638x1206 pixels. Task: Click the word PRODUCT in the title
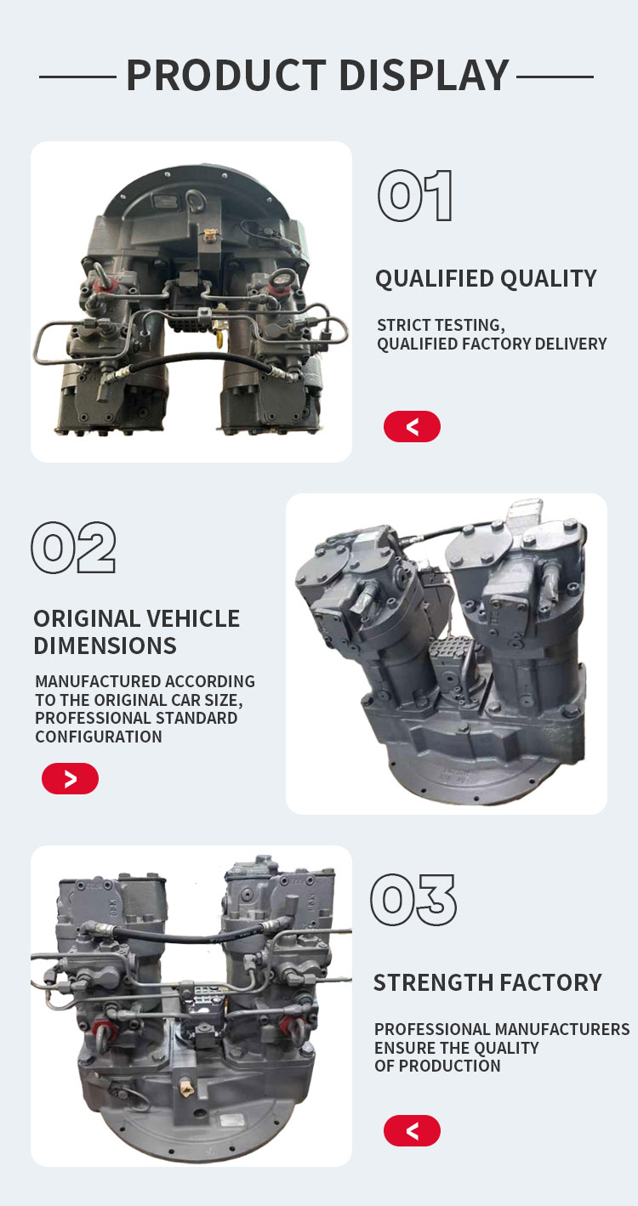pos(226,76)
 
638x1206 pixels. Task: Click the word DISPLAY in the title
pos(424,76)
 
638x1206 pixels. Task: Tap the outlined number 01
pos(415,196)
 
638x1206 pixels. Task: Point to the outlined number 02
pos(73,547)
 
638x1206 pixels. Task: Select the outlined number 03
pos(413,900)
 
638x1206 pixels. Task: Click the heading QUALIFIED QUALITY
pos(486,279)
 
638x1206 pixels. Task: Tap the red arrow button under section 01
pos(412,427)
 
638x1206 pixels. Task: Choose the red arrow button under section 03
pos(412,1130)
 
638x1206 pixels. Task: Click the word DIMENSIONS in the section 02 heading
pos(105,646)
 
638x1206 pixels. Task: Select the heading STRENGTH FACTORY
pos(487,982)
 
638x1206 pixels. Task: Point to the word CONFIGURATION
pos(99,737)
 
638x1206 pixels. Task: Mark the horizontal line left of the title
pos(77,77)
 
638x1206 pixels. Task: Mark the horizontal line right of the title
pos(555,77)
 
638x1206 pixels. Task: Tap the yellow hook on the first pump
pos(219,338)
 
